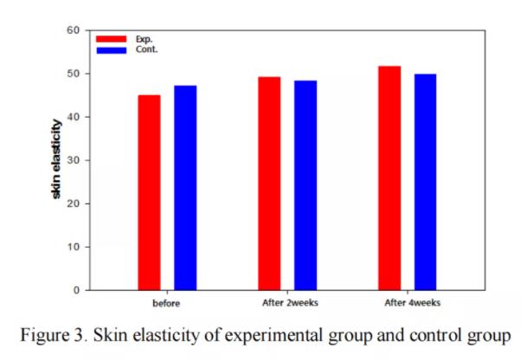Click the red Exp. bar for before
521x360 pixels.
(x=149, y=192)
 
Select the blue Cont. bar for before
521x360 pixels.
(x=185, y=188)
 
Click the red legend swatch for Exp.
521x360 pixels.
(x=110, y=39)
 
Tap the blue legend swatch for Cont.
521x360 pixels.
(x=110, y=50)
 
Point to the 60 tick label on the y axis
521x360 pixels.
(x=74, y=30)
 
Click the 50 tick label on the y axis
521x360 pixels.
(x=74, y=74)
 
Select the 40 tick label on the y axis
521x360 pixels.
(x=74, y=117)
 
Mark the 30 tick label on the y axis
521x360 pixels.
(x=74, y=160)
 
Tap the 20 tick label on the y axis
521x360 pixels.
(x=74, y=203)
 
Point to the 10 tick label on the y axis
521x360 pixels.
(x=74, y=247)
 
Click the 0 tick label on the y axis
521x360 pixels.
(x=76, y=290)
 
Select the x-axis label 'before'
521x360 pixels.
(x=166, y=304)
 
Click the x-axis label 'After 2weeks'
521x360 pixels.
(x=287, y=304)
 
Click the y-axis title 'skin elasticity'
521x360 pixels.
(x=56, y=160)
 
